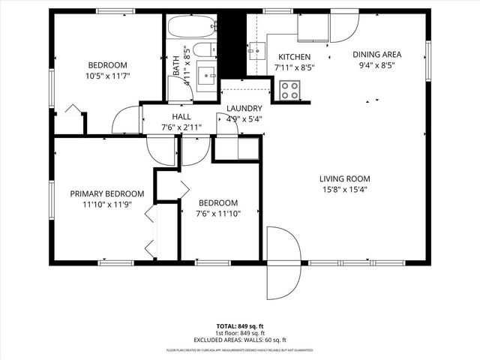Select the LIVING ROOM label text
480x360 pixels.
click(x=345, y=178)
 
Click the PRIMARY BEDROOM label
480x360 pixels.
click(x=100, y=193)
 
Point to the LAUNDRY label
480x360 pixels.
click(x=244, y=108)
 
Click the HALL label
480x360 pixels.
click(x=181, y=117)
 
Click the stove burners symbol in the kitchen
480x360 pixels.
click(x=289, y=90)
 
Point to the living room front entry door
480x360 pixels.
click(x=283, y=262)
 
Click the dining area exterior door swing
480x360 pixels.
click(x=343, y=27)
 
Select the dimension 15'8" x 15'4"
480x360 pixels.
click(x=345, y=190)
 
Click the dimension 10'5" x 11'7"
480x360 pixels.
click(x=108, y=76)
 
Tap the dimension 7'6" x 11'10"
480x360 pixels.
click(x=218, y=214)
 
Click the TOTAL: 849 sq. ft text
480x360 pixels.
click(x=240, y=326)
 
